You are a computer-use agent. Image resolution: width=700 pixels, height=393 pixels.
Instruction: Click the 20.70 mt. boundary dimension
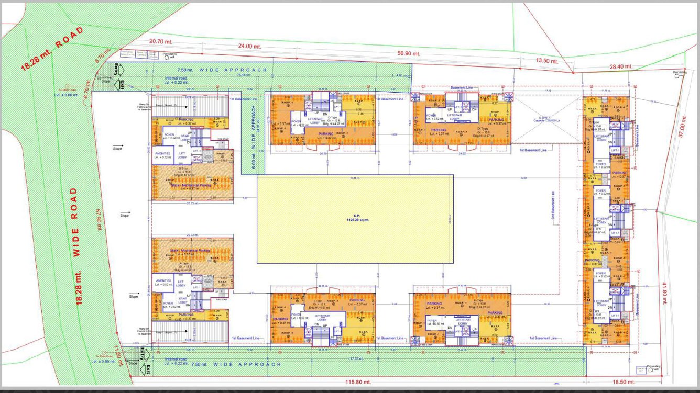[x=161, y=41]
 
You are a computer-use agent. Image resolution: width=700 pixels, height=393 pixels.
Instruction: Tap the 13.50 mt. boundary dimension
[x=546, y=61]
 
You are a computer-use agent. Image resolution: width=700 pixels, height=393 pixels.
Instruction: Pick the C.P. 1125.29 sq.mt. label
[x=355, y=219]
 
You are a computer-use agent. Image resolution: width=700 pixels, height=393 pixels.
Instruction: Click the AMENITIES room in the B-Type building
[x=163, y=156]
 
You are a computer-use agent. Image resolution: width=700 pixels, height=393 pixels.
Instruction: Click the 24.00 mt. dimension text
[x=249, y=47]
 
